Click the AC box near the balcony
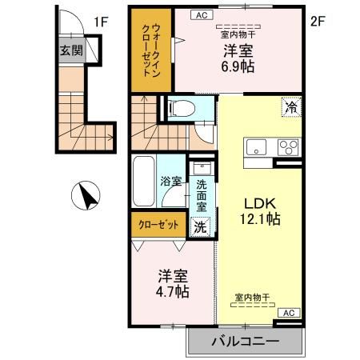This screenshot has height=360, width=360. pyautogui.click(x=289, y=313)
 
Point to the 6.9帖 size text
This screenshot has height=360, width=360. pyautogui.click(x=238, y=67)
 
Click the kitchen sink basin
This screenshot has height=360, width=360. pyautogui.click(x=258, y=147)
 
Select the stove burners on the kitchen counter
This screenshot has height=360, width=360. pyautogui.click(x=286, y=147)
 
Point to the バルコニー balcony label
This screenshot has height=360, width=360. pyautogui.click(x=245, y=342)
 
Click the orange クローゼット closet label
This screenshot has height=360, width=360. pyautogui.click(x=157, y=225)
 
